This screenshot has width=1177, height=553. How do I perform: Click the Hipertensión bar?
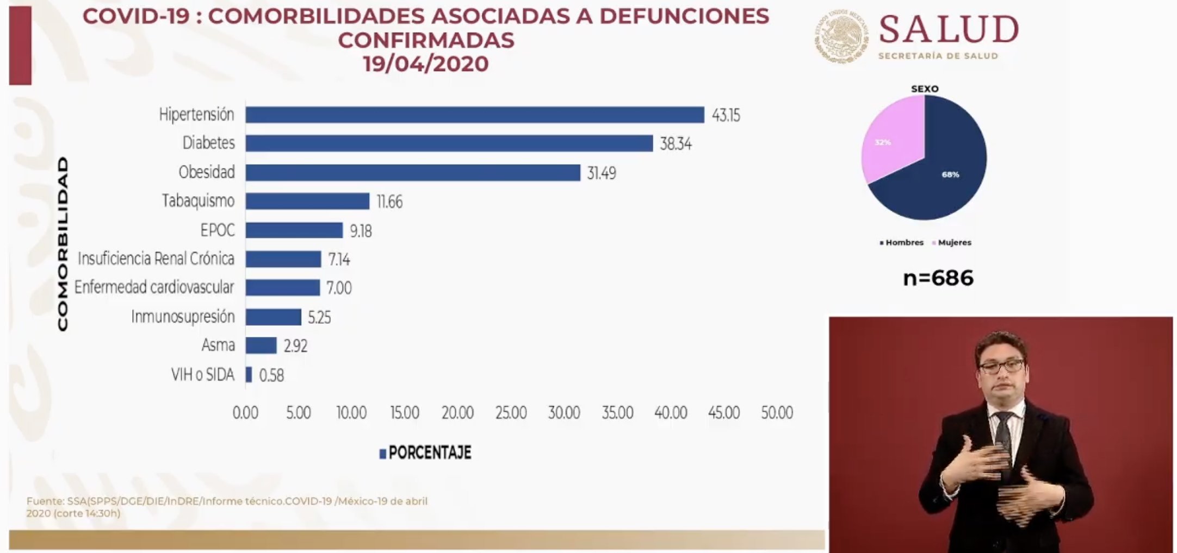click(x=474, y=115)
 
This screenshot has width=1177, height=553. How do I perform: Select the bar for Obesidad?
click(x=412, y=172)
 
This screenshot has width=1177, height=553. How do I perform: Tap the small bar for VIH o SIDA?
click(x=249, y=374)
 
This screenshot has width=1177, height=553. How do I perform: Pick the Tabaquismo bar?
click(x=307, y=201)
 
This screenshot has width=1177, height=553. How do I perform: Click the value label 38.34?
click(x=676, y=144)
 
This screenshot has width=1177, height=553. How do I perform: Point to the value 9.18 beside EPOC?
click(x=361, y=231)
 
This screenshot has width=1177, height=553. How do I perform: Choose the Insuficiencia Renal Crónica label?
click(x=156, y=259)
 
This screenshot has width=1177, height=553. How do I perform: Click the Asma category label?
click(x=218, y=345)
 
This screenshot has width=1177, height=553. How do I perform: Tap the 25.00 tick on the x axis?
click(x=511, y=413)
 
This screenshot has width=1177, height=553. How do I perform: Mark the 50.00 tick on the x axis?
click(x=777, y=413)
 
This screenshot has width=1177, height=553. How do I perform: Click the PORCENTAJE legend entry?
click(x=425, y=453)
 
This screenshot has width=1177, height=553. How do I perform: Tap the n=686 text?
click(x=938, y=278)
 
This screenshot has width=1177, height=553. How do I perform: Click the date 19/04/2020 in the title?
click(x=426, y=64)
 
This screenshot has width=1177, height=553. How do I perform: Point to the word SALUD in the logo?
click(x=949, y=29)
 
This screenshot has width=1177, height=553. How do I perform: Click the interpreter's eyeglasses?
click(x=1001, y=366)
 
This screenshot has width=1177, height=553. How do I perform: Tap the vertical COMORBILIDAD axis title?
click(x=63, y=243)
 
